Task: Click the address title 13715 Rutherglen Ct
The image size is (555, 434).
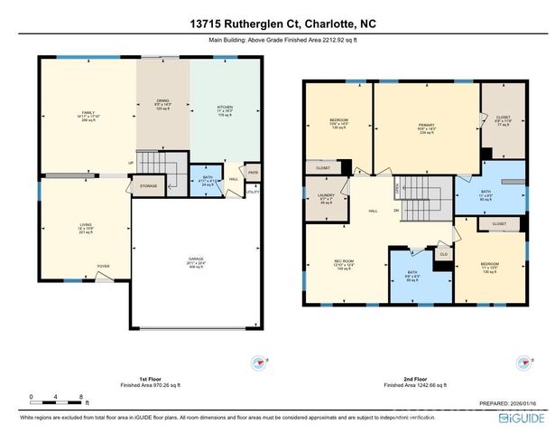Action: pos(276,24)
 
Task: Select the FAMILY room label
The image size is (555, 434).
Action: pos(88,113)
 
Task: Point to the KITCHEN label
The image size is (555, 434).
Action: pos(225,107)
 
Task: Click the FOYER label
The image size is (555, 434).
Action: pos(105,266)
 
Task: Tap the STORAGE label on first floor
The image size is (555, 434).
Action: pos(149,186)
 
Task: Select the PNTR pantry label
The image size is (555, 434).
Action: pos(253,172)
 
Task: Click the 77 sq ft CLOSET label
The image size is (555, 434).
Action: pos(503,119)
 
